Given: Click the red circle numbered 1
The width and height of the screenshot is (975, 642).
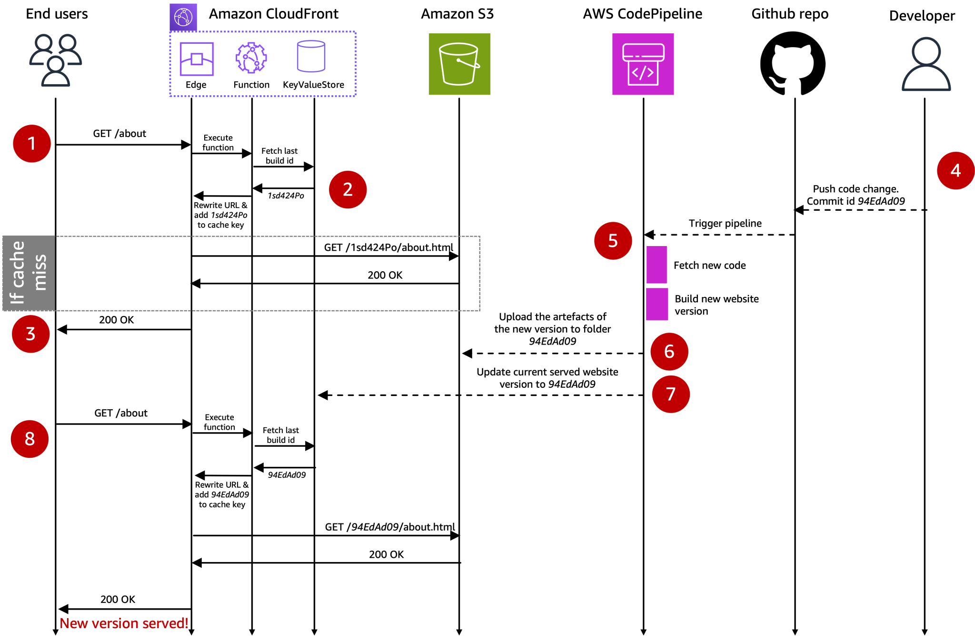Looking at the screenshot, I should pos(32,144).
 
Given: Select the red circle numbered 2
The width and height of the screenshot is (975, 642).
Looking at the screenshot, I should pos(348,189).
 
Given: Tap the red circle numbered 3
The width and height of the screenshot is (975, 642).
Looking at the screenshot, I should pos(31,334).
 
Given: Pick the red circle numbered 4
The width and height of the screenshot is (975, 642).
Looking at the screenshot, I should pos(955,170).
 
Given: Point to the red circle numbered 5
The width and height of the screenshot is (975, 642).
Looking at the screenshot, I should pos(613,241).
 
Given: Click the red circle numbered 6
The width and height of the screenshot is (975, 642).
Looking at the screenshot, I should pos(669,352).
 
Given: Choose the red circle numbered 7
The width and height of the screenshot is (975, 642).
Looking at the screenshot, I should pos(670,394).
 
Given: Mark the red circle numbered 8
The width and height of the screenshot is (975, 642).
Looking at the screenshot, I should pos(30,439).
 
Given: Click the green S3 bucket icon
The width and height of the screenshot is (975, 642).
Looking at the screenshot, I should pos(459,64).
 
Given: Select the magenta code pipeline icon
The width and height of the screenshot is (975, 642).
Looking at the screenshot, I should pos(643,64).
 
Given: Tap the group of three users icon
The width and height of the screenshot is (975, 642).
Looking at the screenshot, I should pos(56,60).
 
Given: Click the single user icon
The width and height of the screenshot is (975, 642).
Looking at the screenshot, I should pos(926,64).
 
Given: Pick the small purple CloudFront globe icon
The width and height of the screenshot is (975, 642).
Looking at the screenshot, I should pos(183,17).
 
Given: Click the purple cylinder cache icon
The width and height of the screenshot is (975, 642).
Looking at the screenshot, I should pos(311,57).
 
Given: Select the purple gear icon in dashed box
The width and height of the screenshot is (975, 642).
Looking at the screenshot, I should pos(251,58).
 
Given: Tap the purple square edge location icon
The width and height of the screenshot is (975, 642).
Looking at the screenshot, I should pos(197,59).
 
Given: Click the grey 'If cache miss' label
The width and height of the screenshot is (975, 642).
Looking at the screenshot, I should pos(29,273).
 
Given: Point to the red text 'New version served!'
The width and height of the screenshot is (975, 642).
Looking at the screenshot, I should pos(124,623).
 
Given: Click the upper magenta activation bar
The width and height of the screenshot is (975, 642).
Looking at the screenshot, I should pos(657,265).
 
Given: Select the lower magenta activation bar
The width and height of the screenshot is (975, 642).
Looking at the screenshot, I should pos(657,304).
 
